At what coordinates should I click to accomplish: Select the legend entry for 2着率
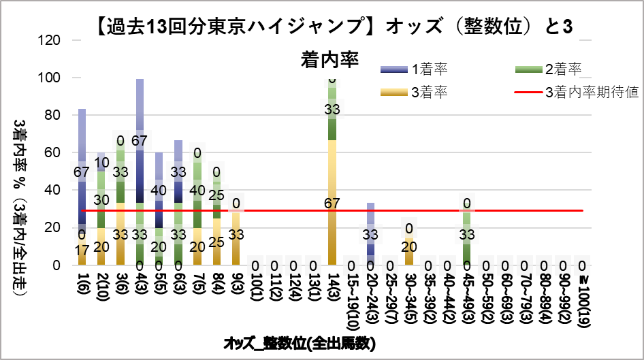(562, 69)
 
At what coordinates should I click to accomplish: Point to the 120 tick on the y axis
(53, 40)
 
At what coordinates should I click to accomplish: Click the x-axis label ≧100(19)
(583, 299)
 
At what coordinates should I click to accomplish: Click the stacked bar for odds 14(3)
(332, 170)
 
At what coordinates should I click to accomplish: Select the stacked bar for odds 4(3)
(140, 170)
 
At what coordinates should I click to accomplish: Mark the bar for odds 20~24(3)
(370, 234)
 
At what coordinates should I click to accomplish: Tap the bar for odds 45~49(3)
(467, 238)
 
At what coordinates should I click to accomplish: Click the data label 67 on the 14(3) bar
(332, 203)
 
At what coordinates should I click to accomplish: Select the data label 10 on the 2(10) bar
(101, 162)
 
